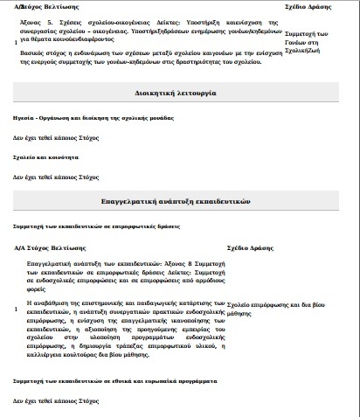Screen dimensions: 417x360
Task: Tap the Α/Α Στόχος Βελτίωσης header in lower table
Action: (x=53, y=247)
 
